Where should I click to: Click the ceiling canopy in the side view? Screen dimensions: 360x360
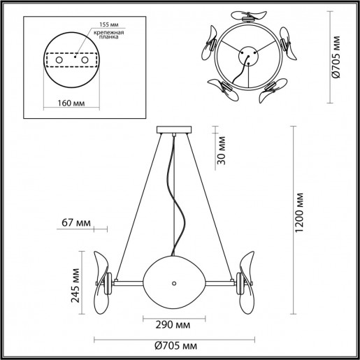point(174,129)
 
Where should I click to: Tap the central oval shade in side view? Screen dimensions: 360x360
point(174,281)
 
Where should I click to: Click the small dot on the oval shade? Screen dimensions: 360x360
point(174,282)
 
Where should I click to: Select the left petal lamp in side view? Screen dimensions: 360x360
point(102,282)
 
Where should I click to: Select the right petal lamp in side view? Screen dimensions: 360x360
point(247,282)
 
